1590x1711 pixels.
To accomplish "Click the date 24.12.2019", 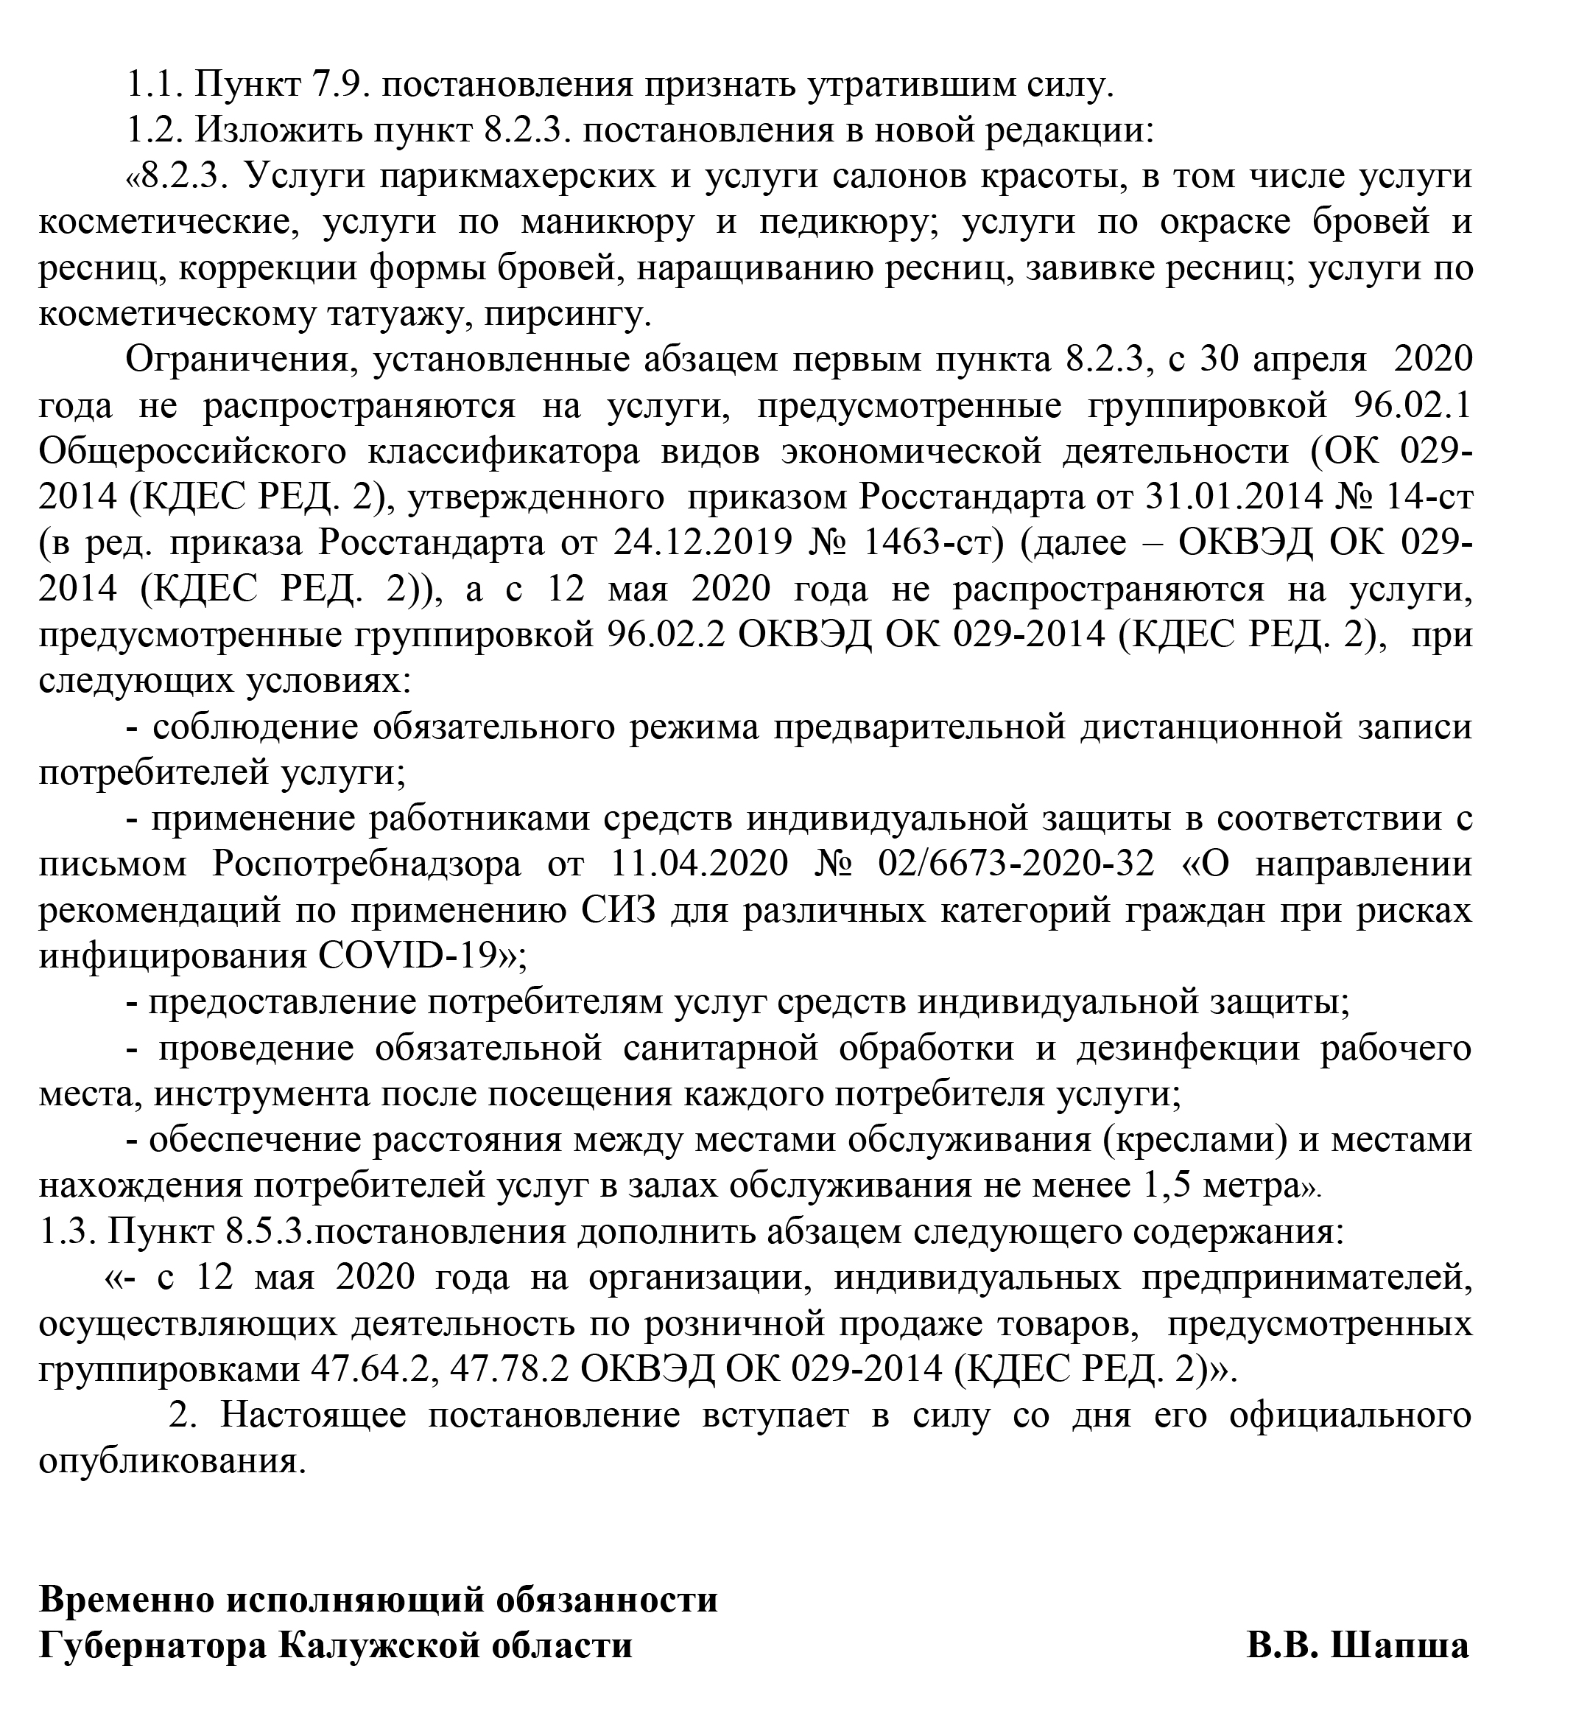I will click(x=702, y=543).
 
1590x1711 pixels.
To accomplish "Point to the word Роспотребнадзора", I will click(x=366, y=864).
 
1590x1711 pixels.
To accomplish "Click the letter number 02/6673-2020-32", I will click(x=1016, y=864).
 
